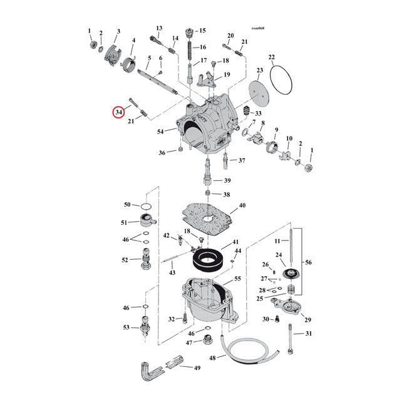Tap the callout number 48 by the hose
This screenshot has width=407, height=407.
point(212,358)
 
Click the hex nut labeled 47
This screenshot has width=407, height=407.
point(206,344)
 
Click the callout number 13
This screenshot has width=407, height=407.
point(159,28)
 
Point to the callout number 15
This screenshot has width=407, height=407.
point(202,31)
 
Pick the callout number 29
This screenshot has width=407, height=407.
point(307,320)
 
